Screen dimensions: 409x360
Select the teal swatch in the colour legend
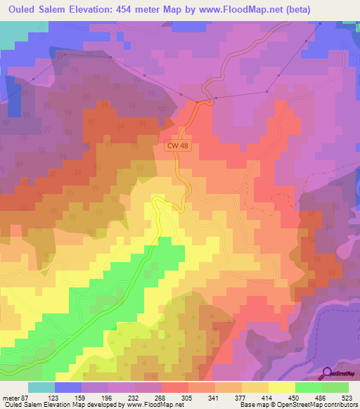coord(41,388)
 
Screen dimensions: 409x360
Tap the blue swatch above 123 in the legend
coord(68,388)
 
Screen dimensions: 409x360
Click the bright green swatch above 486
coord(335,388)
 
